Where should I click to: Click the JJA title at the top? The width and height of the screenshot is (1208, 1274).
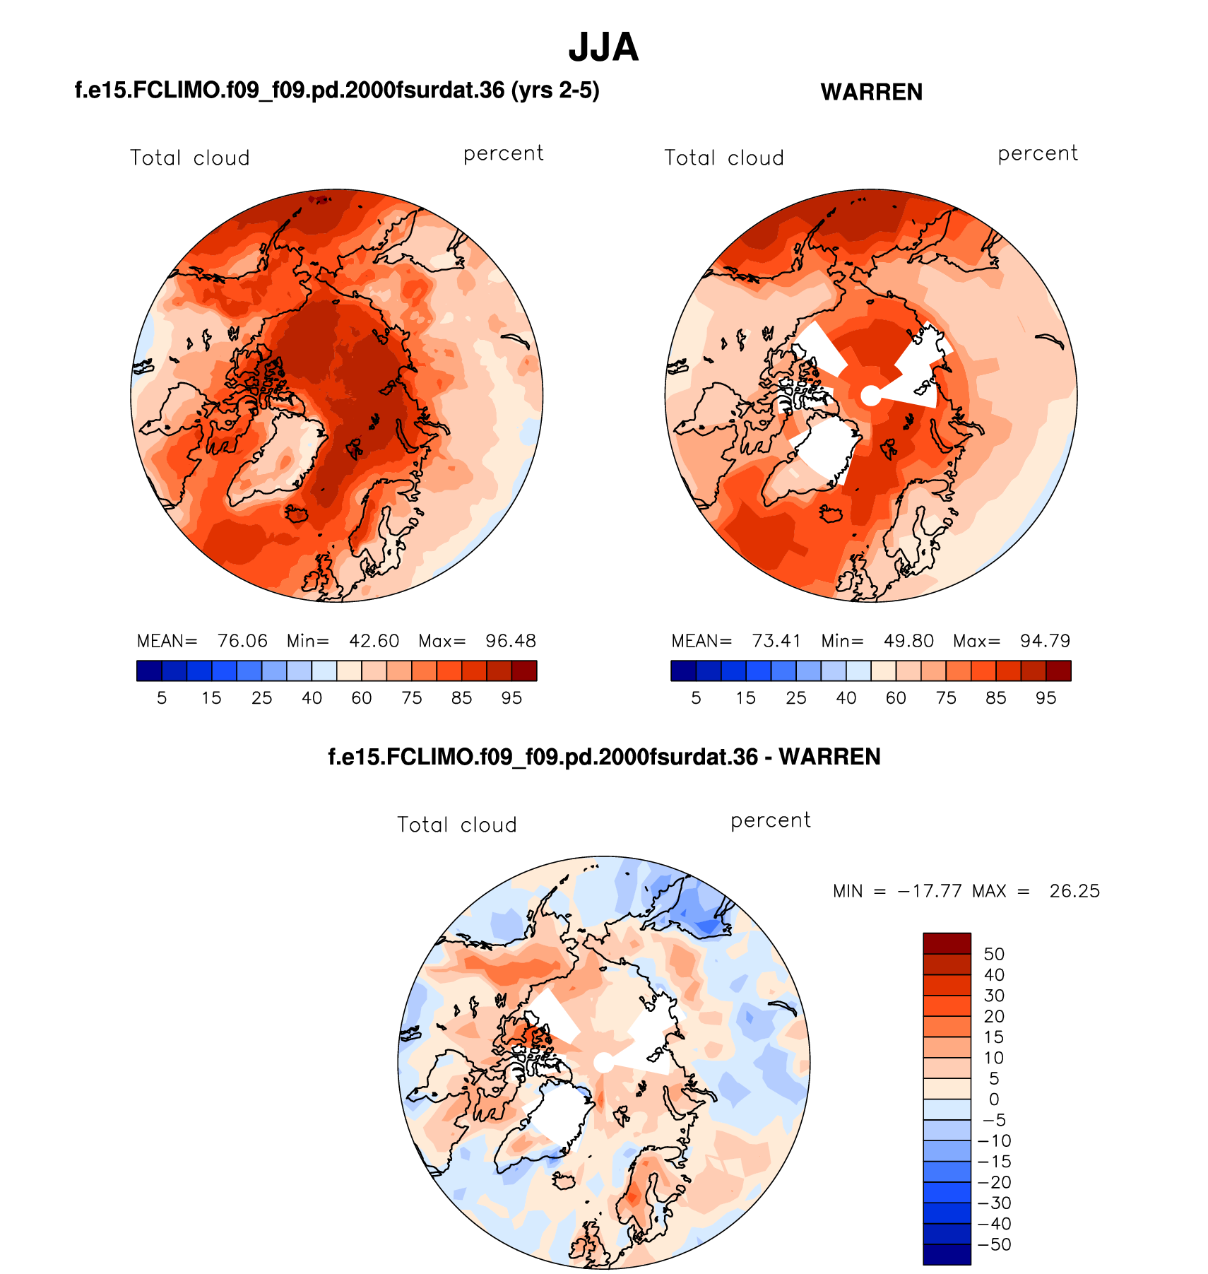click(603, 48)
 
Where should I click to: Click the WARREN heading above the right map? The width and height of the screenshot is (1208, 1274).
click(871, 93)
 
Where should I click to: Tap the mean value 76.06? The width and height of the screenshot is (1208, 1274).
click(242, 641)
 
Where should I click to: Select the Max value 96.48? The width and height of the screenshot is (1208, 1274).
click(511, 641)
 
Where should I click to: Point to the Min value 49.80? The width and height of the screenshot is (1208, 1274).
click(908, 641)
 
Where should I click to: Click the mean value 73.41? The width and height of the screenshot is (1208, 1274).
click(776, 641)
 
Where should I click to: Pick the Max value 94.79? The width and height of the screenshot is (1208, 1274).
click(1045, 641)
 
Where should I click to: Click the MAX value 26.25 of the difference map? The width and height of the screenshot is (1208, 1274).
click(1074, 891)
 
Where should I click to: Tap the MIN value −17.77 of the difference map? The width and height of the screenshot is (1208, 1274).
click(930, 891)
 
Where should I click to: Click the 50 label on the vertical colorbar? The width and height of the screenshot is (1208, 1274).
click(994, 954)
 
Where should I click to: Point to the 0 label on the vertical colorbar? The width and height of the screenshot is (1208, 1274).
click(994, 1099)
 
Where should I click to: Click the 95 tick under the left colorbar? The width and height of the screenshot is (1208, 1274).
click(511, 698)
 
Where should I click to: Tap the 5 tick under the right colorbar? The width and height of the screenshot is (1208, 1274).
click(696, 698)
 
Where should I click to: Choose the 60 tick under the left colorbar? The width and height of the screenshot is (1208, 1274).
click(362, 698)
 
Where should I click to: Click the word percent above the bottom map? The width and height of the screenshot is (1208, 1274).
click(770, 820)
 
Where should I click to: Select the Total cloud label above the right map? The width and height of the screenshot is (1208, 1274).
click(724, 158)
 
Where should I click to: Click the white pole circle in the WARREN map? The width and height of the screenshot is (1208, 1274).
click(871, 396)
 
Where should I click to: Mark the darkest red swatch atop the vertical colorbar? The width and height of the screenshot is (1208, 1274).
click(947, 943)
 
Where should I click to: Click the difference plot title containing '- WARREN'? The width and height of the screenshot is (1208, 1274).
click(604, 757)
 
